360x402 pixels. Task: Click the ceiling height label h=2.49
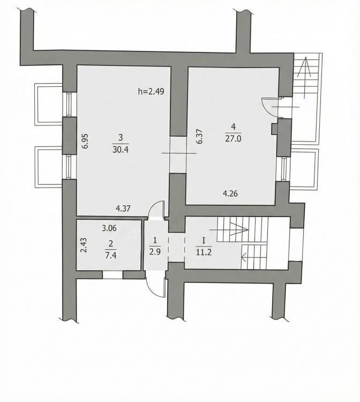click(151, 91)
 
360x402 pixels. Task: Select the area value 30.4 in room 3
click(121, 149)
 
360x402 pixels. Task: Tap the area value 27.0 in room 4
click(233, 139)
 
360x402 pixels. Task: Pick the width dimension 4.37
click(123, 209)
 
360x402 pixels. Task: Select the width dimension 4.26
click(230, 193)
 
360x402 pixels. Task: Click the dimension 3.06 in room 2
click(109, 228)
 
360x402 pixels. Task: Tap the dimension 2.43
click(84, 245)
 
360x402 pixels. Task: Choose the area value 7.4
click(111, 255)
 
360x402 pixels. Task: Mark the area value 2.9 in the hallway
click(155, 252)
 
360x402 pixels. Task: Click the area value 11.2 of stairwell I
click(204, 252)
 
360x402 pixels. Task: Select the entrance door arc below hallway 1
click(151, 289)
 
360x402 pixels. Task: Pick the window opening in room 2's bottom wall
click(112, 275)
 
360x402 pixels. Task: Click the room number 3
click(121, 138)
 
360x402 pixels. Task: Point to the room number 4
click(233, 126)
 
